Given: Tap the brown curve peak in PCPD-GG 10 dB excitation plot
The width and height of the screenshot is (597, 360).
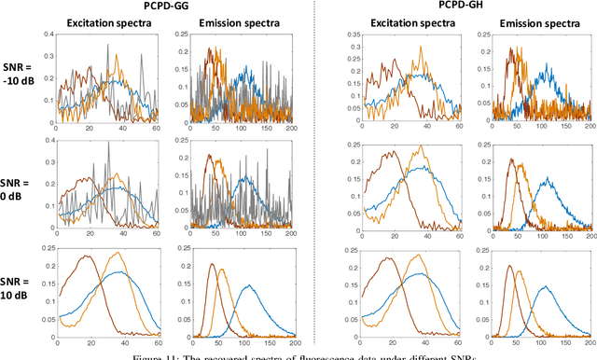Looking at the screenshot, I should pos(87,256).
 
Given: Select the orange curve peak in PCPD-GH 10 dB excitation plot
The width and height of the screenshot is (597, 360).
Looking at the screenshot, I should pos(418,253).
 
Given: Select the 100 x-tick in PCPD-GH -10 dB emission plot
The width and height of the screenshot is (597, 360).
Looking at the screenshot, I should pos(544,128).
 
